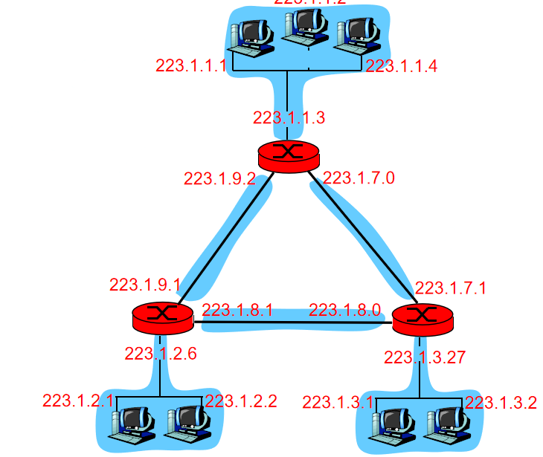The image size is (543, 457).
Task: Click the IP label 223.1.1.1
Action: tap(191, 65)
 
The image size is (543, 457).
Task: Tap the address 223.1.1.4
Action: tap(402, 65)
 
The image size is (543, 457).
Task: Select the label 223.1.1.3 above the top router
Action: tap(289, 117)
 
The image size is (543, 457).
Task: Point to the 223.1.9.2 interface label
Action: tap(219, 178)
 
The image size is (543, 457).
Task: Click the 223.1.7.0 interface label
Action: tap(359, 178)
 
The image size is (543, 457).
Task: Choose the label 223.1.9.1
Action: tap(145, 285)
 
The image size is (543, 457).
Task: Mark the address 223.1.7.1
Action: tap(451, 288)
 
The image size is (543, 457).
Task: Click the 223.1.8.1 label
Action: tap(238, 311)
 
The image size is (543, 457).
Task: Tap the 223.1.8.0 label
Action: tap(344, 311)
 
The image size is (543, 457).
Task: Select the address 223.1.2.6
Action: tap(161, 354)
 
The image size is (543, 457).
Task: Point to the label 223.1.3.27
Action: tap(425, 357)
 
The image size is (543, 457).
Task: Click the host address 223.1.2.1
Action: tap(78, 401)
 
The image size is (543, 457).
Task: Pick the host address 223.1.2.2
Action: tap(241, 401)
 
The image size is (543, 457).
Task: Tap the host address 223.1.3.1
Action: tap(338, 403)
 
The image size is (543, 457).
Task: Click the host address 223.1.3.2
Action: tap(501, 403)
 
